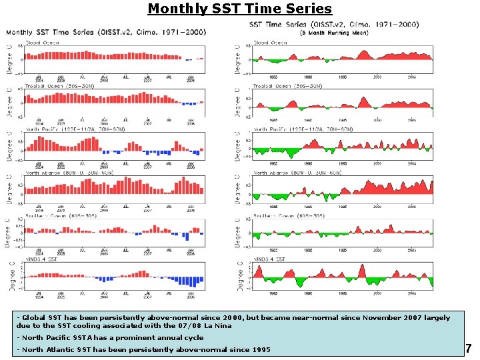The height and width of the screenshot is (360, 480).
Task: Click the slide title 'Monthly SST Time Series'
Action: click(239, 9)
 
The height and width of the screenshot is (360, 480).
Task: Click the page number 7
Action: click(468, 348)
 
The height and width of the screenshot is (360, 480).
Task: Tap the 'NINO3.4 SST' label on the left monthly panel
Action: click(41, 259)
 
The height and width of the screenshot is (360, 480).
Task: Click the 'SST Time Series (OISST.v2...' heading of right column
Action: click(333, 24)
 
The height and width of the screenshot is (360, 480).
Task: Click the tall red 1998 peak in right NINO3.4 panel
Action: click(361, 269)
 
